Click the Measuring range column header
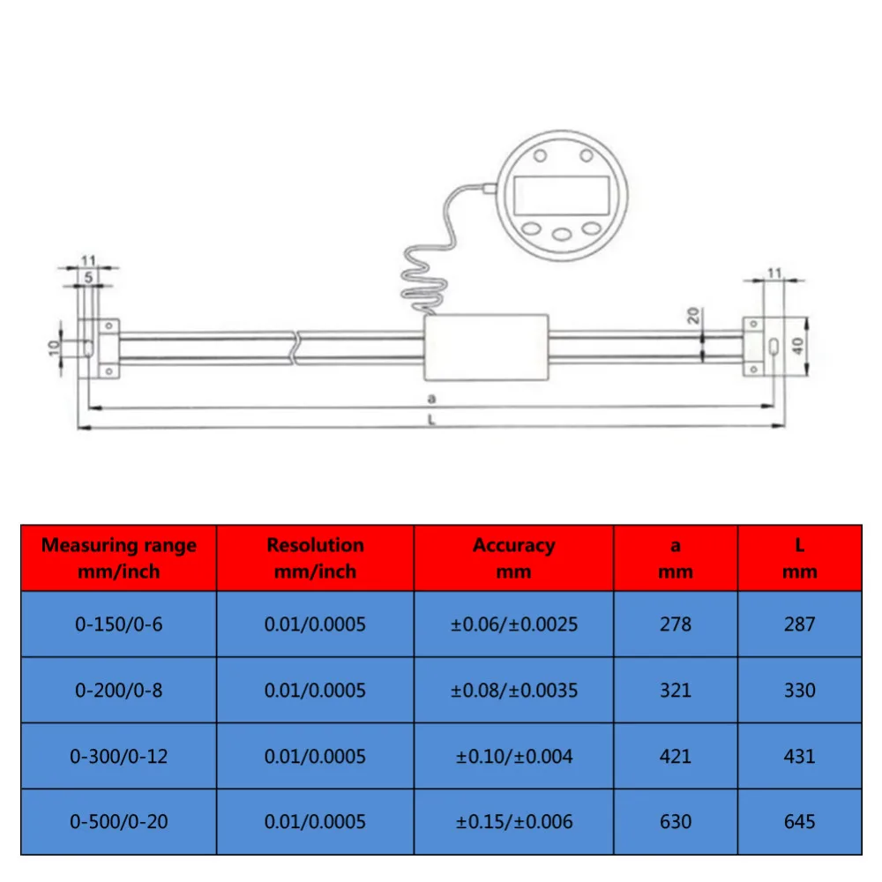119,557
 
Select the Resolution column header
315,557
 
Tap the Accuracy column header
513,557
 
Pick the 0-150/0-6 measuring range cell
119,624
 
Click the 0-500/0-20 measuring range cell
119,821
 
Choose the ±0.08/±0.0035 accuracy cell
513,690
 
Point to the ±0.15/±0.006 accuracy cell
513,821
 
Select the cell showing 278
676,624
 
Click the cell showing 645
799,821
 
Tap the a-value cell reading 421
676,756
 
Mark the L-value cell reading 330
799,690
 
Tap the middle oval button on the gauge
562,235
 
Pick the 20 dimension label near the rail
694,316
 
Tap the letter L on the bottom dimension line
431,420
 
